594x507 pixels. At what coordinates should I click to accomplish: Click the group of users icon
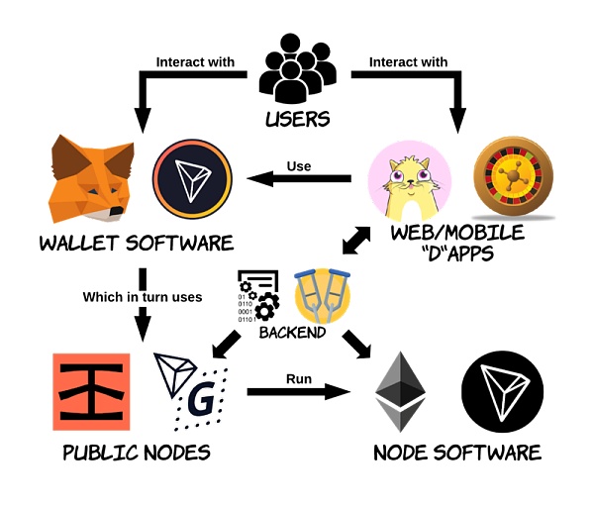pyautogui.click(x=298, y=68)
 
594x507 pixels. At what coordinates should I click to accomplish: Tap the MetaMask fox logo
pyautogui.click(x=91, y=179)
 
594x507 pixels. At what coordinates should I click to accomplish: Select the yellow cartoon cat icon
pyautogui.click(x=410, y=181)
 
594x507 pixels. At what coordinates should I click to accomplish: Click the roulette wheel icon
pyautogui.click(x=513, y=177)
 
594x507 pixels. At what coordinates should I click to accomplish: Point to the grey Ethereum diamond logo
pyautogui.click(x=400, y=391)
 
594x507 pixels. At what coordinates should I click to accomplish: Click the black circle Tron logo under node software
pyautogui.click(x=502, y=391)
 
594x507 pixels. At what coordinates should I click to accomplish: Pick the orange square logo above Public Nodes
pyautogui.click(x=91, y=392)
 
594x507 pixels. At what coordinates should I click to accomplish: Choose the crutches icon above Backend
pyautogui.click(x=323, y=295)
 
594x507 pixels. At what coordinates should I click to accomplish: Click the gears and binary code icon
pyautogui.click(x=258, y=296)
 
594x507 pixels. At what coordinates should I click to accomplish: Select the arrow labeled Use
pyautogui.click(x=299, y=178)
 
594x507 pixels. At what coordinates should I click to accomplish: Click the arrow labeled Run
pyautogui.click(x=299, y=391)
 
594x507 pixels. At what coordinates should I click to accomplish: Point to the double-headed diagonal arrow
pyautogui.click(x=356, y=241)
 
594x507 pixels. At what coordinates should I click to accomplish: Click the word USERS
pyautogui.click(x=298, y=119)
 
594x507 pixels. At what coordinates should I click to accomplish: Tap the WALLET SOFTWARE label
pyautogui.click(x=137, y=243)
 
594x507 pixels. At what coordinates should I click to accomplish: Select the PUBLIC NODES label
pyautogui.click(x=137, y=453)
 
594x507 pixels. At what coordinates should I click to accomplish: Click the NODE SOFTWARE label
pyautogui.click(x=457, y=453)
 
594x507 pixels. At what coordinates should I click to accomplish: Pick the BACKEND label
pyautogui.click(x=292, y=333)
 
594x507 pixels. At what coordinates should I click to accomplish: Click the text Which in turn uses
pyautogui.click(x=143, y=297)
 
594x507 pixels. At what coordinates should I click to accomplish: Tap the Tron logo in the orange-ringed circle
pyautogui.click(x=192, y=179)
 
